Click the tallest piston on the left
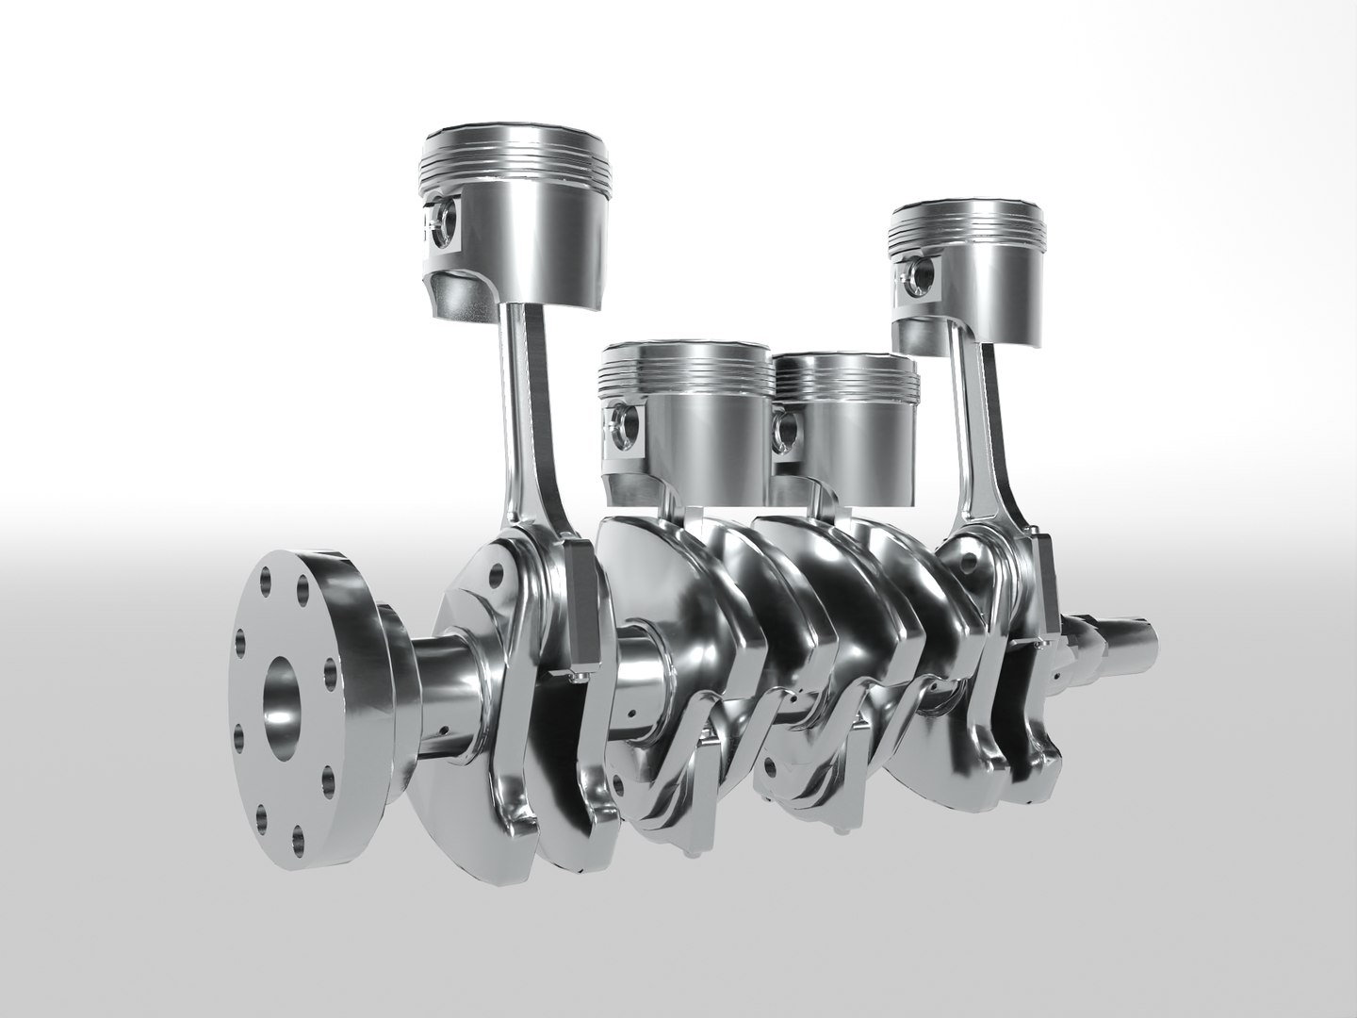[x=514, y=226]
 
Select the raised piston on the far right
[x=971, y=273]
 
